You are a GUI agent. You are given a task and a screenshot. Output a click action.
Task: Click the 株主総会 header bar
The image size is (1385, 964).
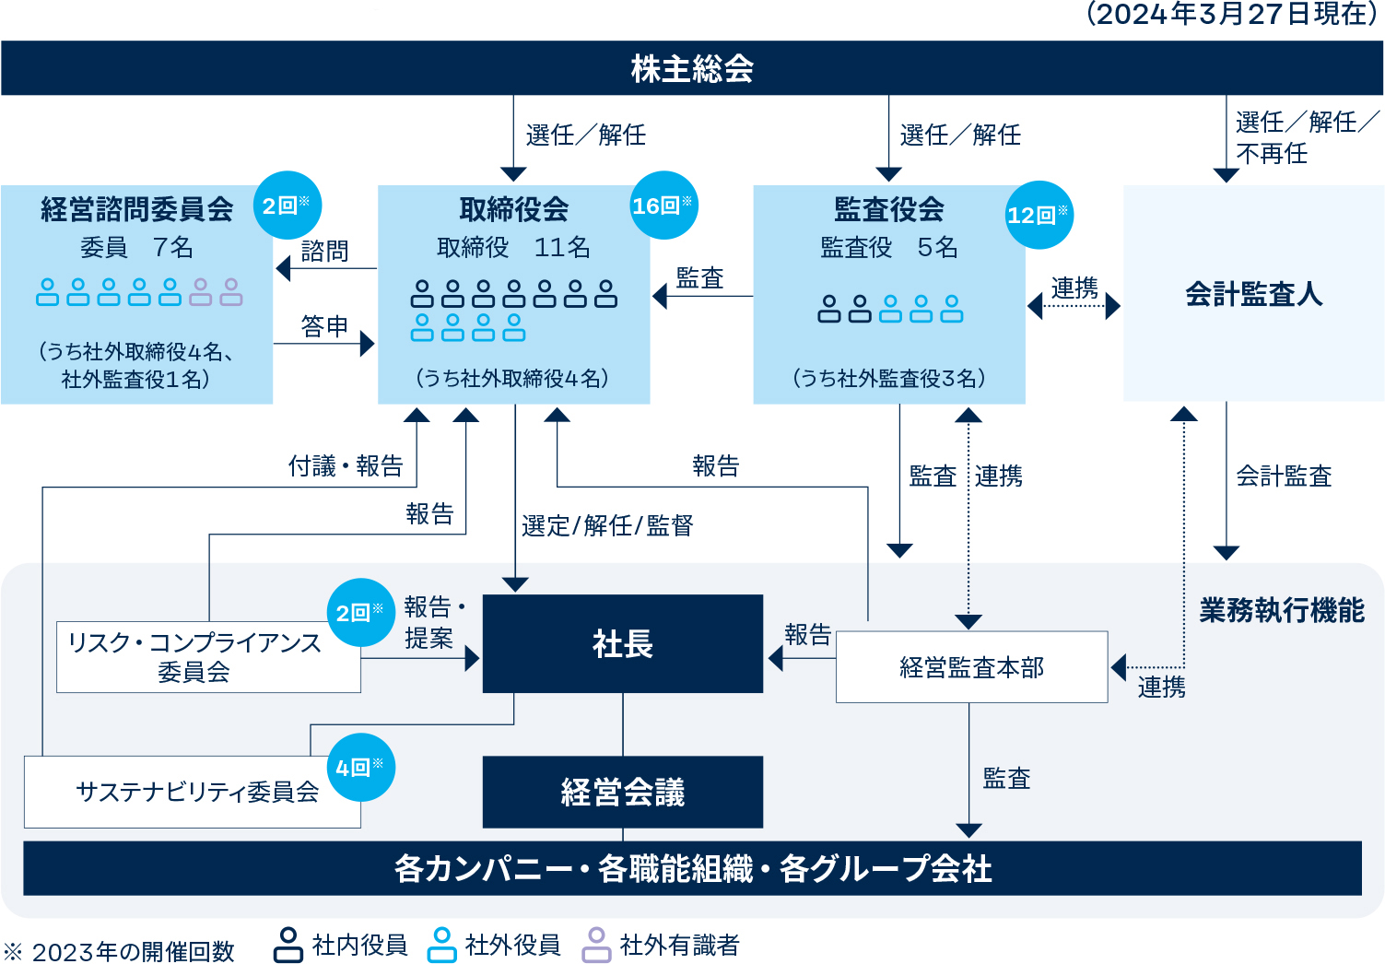point(692,68)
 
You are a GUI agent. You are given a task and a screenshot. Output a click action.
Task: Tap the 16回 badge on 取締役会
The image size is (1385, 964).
point(664,206)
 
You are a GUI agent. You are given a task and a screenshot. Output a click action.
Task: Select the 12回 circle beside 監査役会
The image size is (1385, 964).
point(1039,215)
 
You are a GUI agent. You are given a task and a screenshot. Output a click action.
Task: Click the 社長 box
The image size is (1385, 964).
point(623,643)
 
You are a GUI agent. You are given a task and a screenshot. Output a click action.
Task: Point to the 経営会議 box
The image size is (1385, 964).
point(623,792)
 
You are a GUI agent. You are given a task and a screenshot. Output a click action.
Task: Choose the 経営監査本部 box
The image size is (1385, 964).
point(972,667)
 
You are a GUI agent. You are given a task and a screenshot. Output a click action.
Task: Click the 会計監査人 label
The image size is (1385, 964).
point(1254,294)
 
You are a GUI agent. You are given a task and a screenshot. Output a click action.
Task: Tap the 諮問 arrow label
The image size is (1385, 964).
point(324,251)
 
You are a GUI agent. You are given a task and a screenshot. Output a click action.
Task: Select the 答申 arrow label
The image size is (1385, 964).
point(324,326)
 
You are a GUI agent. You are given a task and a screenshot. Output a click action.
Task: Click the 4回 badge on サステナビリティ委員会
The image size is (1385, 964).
point(361,768)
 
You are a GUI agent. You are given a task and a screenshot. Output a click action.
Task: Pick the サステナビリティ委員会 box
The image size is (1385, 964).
point(193,792)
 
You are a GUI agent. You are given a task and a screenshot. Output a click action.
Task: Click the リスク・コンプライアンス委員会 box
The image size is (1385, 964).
point(208,657)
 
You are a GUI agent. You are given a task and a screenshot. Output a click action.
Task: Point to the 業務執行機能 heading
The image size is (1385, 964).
point(1283,610)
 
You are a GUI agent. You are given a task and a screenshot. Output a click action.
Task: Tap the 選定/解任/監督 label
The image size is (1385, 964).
point(607,526)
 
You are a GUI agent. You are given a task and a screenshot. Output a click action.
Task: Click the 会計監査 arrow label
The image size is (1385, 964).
point(1284,476)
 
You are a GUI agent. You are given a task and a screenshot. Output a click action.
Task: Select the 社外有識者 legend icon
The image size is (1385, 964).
point(596,945)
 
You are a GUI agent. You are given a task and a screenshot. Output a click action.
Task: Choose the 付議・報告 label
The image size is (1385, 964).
point(346,465)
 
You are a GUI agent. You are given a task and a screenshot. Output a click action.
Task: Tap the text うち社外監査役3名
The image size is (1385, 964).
point(889,379)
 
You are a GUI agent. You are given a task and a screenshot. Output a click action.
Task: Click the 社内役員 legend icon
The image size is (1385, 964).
point(288,945)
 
